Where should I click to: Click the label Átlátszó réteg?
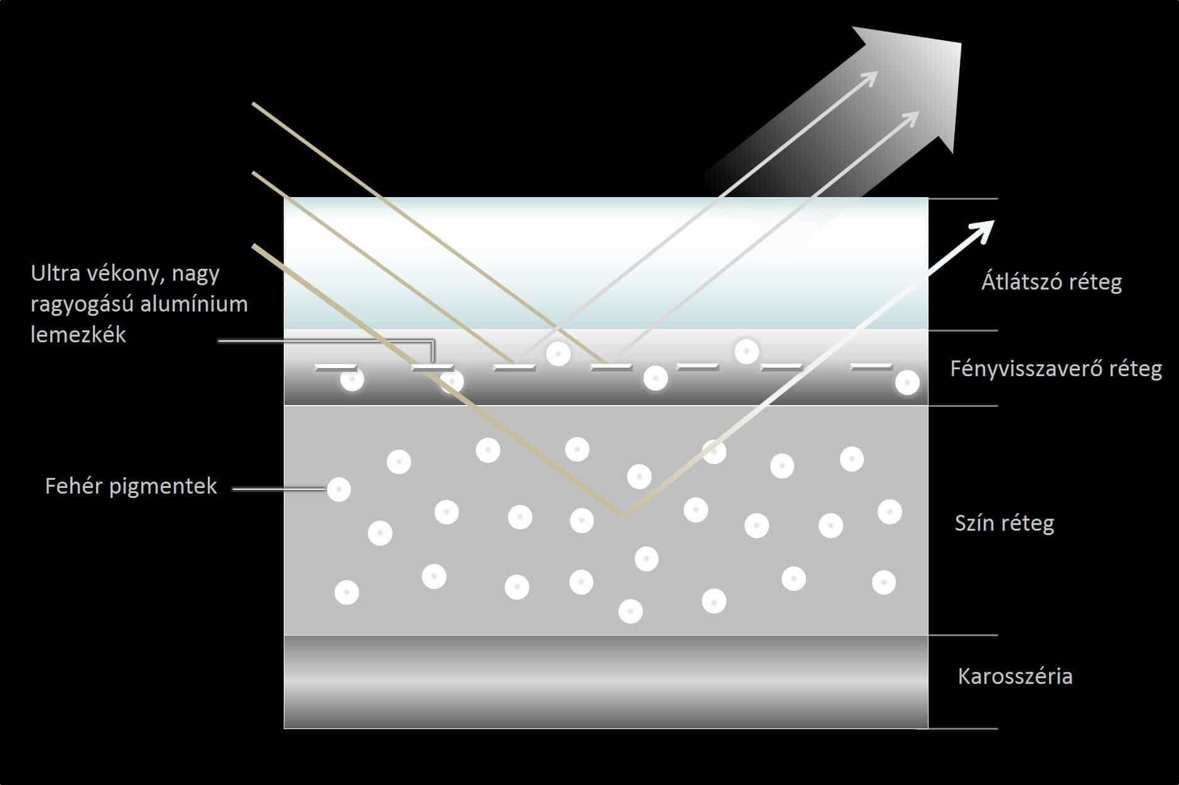pyautogui.click(x=1052, y=282)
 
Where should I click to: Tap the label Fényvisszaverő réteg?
pyautogui.click(x=1056, y=368)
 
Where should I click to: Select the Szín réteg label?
pyautogui.click(x=1004, y=522)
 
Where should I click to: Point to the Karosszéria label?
pyautogui.click(x=1015, y=676)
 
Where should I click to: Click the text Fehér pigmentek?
pyautogui.click(x=131, y=486)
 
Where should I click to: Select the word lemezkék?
pyautogui.click(x=78, y=334)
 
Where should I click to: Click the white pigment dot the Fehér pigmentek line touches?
pyautogui.click(x=339, y=489)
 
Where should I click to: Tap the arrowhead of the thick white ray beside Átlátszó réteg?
pyautogui.click(x=980, y=231)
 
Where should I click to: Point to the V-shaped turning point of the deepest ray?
pyautogui.click(x=623, y=515)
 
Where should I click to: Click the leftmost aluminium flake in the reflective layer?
pyautogui.click(x=336, y=367)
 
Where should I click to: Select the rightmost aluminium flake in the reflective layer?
pyautogui.click(x=872, y=366)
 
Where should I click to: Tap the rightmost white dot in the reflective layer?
pyautogui.click(x=907, y=382)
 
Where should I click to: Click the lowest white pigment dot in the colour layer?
pyautogui.click(x=630, y=611)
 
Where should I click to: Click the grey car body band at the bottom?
pyautogui.click(x=606, y=681)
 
